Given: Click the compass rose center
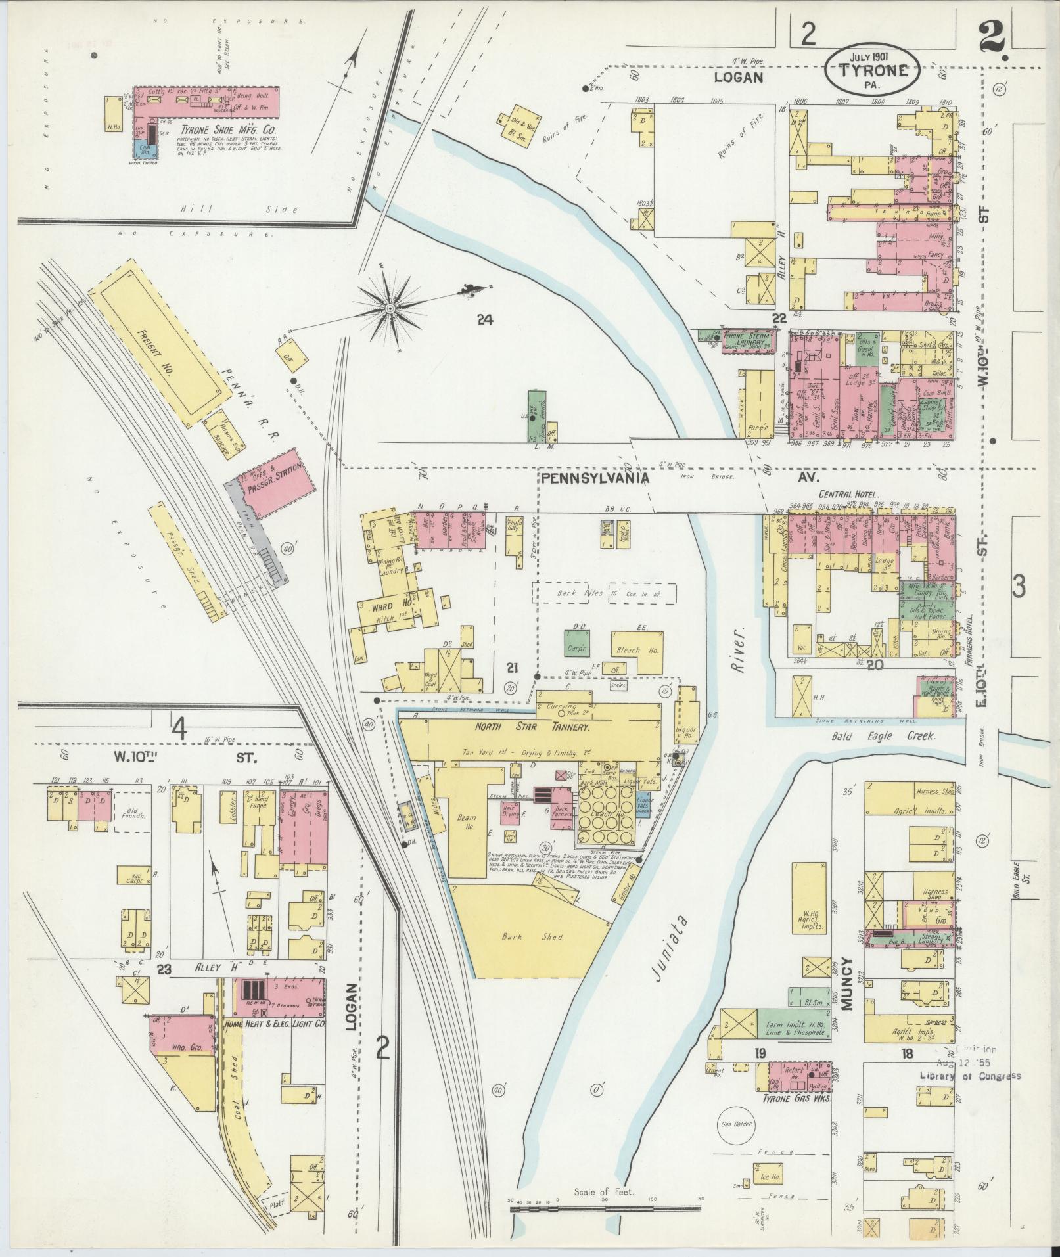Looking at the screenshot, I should pos(390,308).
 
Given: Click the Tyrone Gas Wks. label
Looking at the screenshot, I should pos(796,1062).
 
